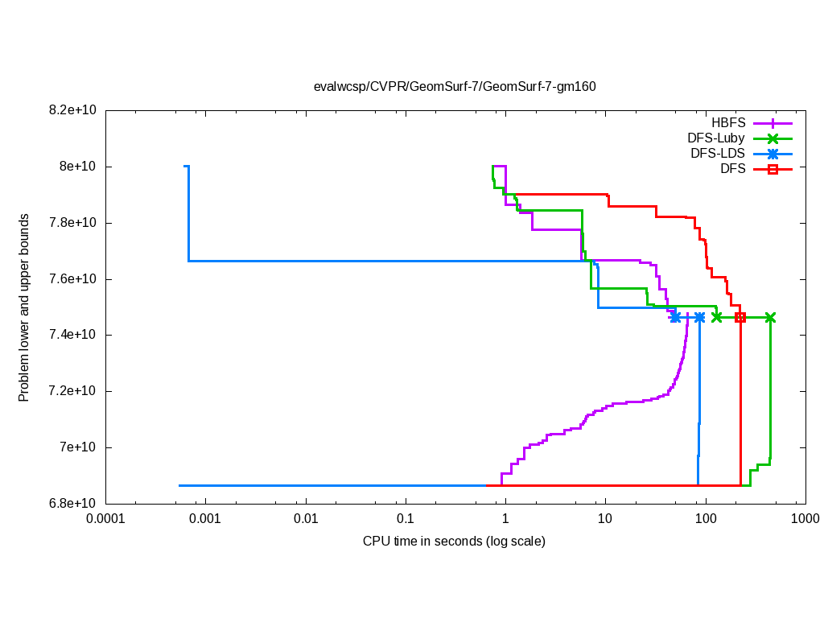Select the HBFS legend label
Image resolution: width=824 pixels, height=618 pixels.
(x=728, y=123)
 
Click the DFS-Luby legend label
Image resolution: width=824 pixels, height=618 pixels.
(x=716, y=138)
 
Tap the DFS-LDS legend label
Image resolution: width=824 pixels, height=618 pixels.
(x=717, y=154)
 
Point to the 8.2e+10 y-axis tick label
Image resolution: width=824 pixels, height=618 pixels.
(x=73, y=110)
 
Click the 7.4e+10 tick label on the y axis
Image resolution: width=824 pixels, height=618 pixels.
(x=73, y=335)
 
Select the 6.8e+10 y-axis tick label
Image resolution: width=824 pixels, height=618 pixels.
(x=73, y=504)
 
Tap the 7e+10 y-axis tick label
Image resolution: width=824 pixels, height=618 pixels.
(x=79, y=447)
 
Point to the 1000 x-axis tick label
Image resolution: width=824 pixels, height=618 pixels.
(x=805, y=519)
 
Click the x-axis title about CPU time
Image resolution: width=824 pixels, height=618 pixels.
(x=454, y=541)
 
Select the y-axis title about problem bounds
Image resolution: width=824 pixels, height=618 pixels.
(x=24, y=307)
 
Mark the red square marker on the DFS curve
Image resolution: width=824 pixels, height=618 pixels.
(x=740, y=318)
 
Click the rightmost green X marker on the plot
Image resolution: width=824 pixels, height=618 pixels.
(x=770, y=318)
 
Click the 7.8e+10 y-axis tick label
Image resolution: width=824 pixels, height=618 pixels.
(x=73, y=223)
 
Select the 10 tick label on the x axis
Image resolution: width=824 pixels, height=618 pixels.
(x=605, y=519)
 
